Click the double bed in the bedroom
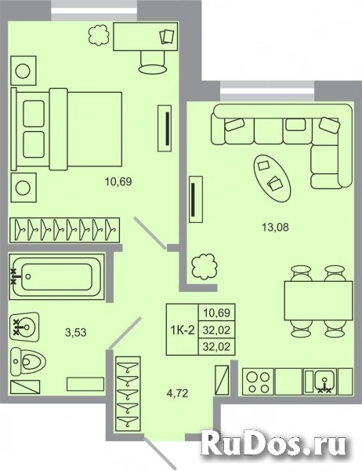[68, 130]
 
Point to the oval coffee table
[272, 175]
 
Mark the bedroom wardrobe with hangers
[66, 229]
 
